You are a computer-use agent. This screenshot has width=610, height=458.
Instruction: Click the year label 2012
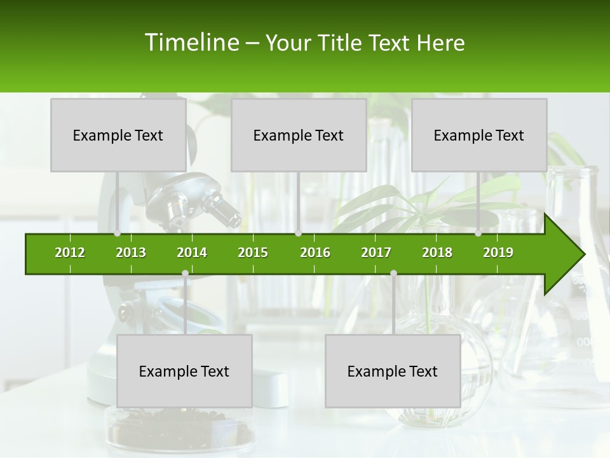coord(70,253)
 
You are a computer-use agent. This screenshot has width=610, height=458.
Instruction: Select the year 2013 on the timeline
coord(131,253)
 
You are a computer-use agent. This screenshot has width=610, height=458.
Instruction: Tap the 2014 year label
coord(192,253)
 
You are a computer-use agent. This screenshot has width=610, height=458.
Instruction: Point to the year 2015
coord(253,253)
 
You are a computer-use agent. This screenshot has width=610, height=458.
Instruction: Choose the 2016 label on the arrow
coord(315,253)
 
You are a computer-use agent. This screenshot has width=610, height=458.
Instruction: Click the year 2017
coord(376,253)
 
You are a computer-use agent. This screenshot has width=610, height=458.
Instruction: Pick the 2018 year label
coord(437,253)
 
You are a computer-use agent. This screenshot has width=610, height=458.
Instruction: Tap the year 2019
coord(498,253)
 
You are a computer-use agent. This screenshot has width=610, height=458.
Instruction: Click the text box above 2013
coord(118,135)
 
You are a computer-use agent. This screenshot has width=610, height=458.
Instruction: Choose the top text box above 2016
coord(299,135)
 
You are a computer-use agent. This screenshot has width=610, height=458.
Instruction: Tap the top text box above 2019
coord(479,135)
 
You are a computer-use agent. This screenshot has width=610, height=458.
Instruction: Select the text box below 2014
coord(184,371)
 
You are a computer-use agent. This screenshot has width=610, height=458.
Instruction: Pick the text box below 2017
coord(393,371)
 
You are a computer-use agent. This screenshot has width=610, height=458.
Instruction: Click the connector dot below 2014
coord(185,274)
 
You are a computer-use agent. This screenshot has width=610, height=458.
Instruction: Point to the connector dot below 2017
coord(393,274)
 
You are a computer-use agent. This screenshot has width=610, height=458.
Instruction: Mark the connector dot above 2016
coord(299,233)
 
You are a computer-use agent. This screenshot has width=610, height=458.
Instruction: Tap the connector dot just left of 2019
coord(478,233)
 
